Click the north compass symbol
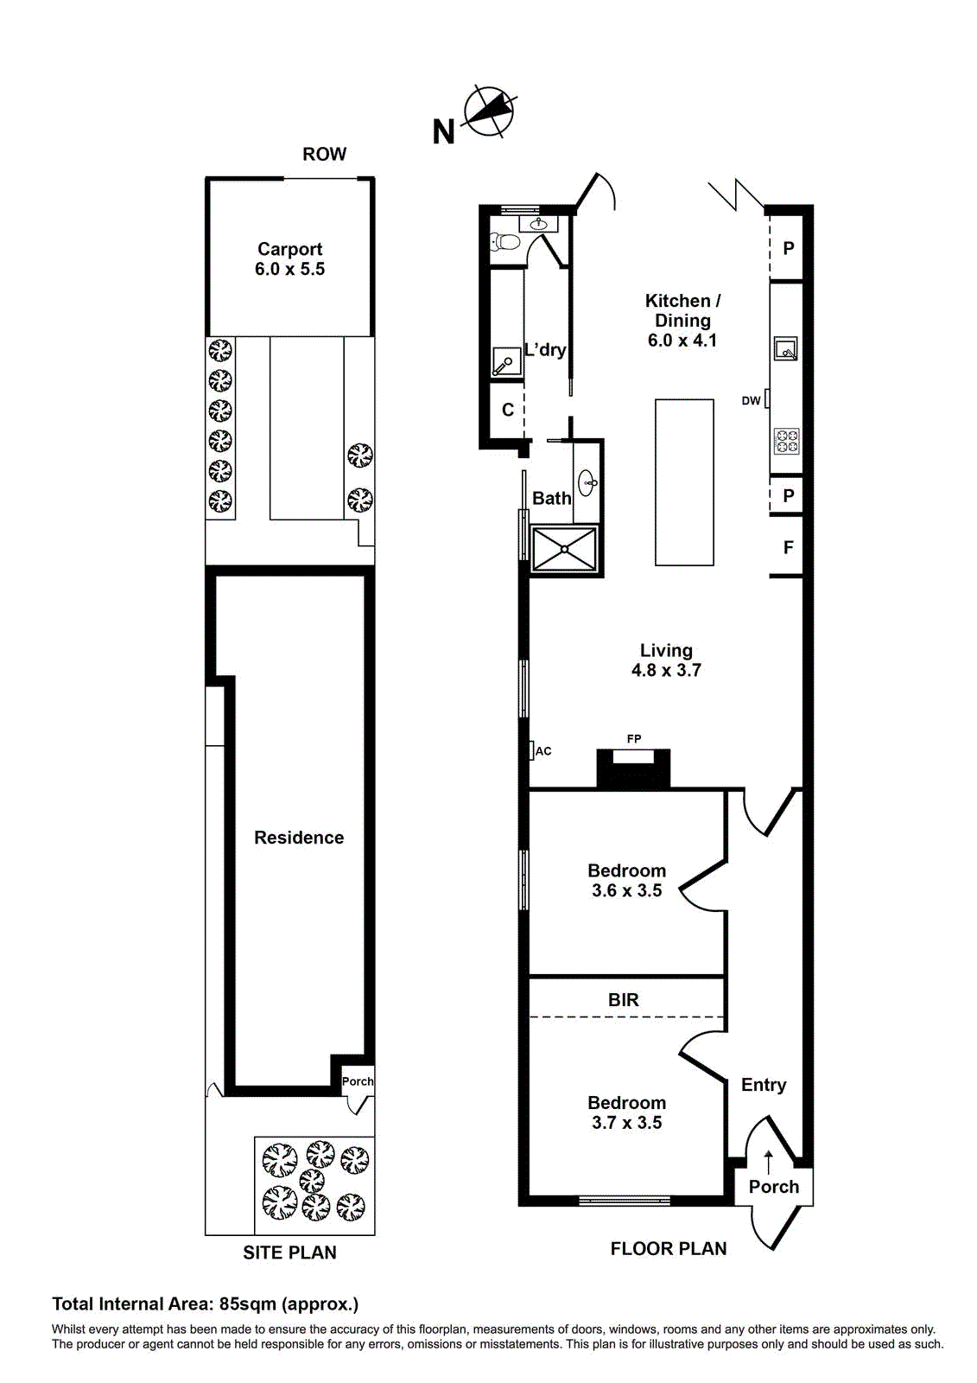point(489,112)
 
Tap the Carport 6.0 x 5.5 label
point(289,259)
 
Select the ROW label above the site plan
point(324,154)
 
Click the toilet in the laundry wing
point(504,241)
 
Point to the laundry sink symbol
point(505,362)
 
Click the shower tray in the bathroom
point(564,549)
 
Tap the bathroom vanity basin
point(587,481)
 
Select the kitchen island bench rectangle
point(684,482)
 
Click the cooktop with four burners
point(786,441)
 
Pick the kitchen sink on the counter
point(785,349)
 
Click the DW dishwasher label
point(751,400)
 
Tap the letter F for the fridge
point(788,547)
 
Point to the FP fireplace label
point(634,739)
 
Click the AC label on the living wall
point(543,751)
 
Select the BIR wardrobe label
point(624,1000)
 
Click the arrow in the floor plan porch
point(768,1161)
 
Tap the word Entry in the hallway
point(764,1085)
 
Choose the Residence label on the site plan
point(299,838)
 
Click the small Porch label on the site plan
point(358,1081)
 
